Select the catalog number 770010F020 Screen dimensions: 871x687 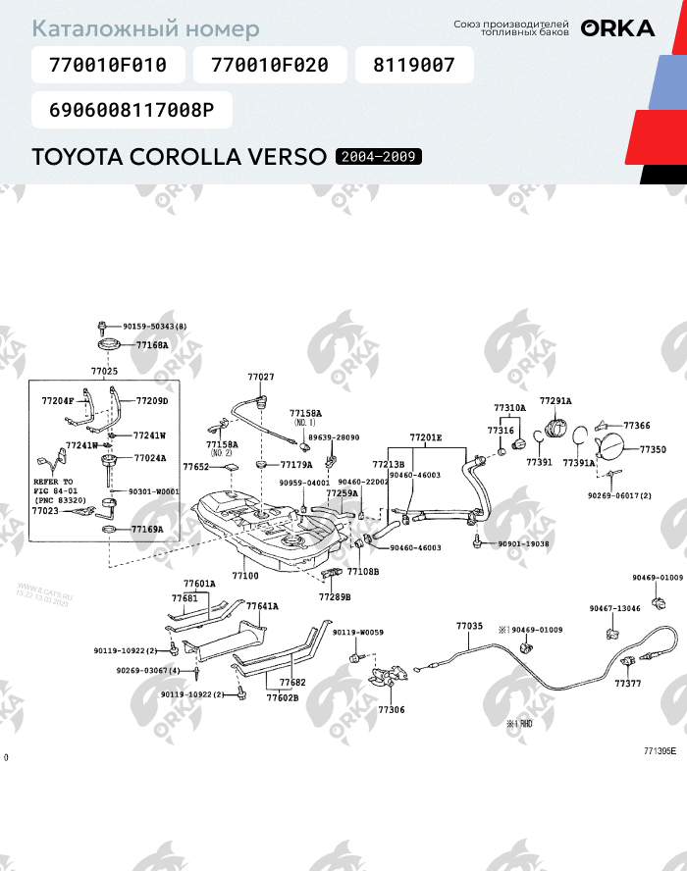(269, 66)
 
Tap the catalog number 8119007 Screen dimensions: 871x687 (413, 66)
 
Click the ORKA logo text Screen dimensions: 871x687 (617, 28)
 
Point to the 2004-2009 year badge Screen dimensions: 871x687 (380, 157)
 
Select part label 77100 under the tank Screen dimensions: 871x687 (245, 576)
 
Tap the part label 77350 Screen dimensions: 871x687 (653, 449)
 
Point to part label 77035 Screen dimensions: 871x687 (469, 625)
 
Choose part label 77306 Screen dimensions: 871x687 (391, 709)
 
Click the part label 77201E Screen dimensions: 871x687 (426, 437)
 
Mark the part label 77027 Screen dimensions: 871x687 (260, 377)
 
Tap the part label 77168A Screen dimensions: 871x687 (152, 345)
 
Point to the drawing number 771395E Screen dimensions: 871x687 (660, 751)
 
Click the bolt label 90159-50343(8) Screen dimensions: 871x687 (155, 326)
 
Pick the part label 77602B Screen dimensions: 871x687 (283, 698)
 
